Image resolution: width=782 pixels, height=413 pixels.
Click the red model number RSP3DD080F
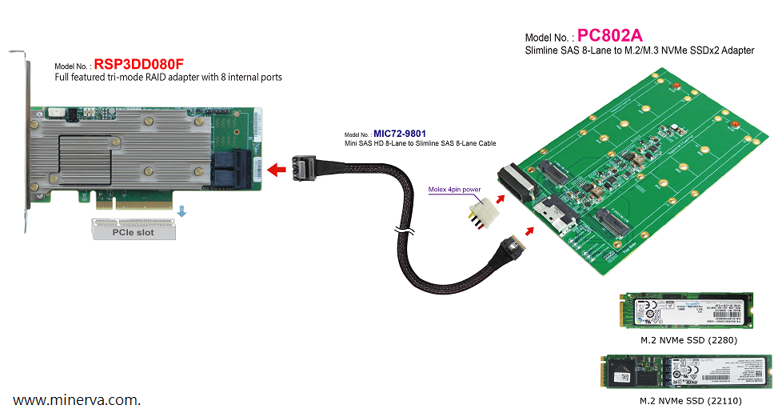(x=140, y=64)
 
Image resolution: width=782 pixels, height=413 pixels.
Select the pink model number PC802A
(x=610, y=35)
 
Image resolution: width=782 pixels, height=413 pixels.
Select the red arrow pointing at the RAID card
(x=277, y=169)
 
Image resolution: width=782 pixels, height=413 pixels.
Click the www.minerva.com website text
(x=77, y=399)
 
